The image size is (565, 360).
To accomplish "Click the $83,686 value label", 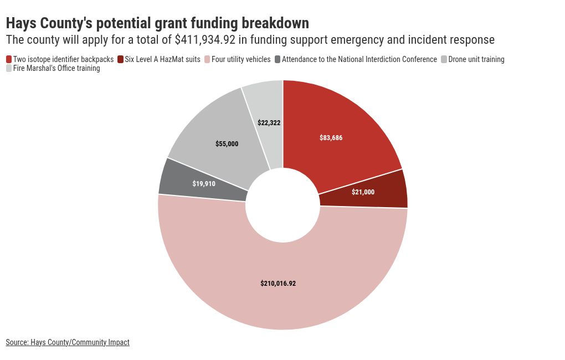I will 331,138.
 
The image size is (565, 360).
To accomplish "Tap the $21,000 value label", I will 363,192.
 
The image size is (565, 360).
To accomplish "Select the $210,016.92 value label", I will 278,284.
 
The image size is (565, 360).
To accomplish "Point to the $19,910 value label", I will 204,183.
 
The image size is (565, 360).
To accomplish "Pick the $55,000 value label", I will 227,144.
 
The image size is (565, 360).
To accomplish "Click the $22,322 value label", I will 269,123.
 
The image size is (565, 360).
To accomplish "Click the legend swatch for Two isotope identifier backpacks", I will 9,59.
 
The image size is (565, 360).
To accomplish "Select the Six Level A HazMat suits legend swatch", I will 121,59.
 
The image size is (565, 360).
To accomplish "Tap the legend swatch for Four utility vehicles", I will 207,59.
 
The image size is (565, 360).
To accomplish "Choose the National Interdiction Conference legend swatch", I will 278,59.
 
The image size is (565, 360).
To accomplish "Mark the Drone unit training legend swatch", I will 444,59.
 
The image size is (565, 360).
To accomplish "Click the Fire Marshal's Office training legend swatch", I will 9,68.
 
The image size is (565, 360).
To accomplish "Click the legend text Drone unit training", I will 476,59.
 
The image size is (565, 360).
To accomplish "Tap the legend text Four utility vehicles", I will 241,59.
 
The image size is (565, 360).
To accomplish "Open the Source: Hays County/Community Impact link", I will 68,342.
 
